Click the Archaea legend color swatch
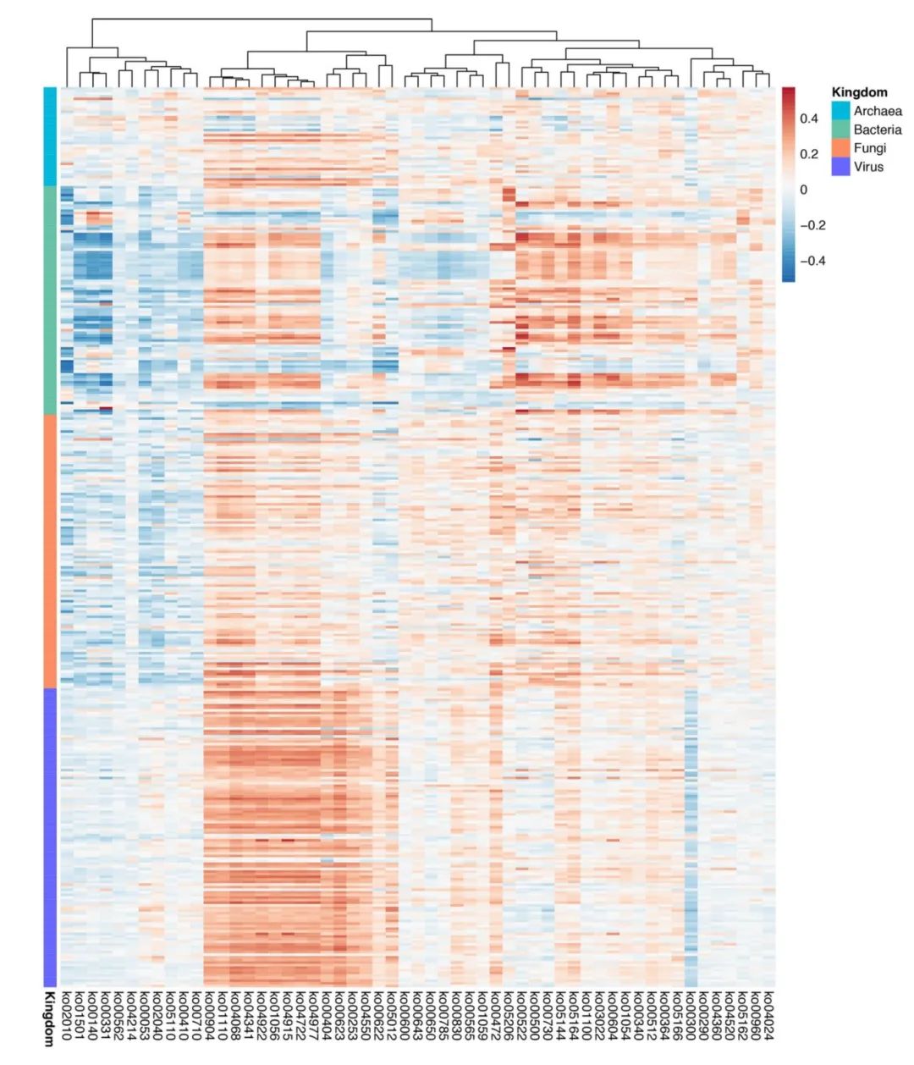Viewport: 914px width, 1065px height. [x=840, y=111]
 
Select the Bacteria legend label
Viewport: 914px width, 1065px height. [x=877, y=130]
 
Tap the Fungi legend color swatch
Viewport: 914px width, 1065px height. [x=840, y=148]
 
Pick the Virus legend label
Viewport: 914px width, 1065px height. [x=868, y=167]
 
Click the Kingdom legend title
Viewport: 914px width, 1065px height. [x=859, y=92]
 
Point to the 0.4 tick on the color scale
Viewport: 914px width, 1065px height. [x=809, y=119]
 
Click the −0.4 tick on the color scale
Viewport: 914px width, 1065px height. [x=812, y=261]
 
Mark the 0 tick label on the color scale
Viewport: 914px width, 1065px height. [x=804, y=190]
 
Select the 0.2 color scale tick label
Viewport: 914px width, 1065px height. [x=809, y=154]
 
